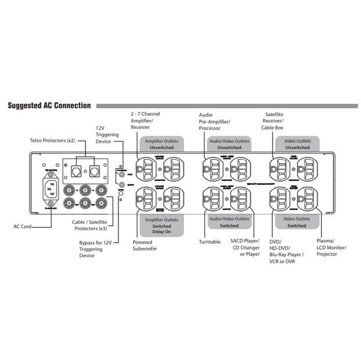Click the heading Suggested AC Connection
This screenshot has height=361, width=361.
pyautogui.click(x=49, y=106)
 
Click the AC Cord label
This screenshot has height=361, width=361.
pyautogui.click(x=22, y=227)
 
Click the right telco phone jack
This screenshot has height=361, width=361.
pyautogui.click(x=95, y=172)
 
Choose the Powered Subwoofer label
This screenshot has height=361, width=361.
pyautogui.click(x=142, y=245)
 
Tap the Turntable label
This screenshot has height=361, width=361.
pyautogui.click(x=210, y=242)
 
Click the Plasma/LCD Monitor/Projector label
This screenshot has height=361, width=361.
pyautogui.click(x=327, y=247)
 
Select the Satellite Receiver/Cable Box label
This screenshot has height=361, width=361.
pyautogui.click(x=274, y=121)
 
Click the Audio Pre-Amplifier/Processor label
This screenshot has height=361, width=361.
pyautogui.click(x=214, y=122)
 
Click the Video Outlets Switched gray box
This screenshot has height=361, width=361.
pyautogui.click(x=296, y=222)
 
